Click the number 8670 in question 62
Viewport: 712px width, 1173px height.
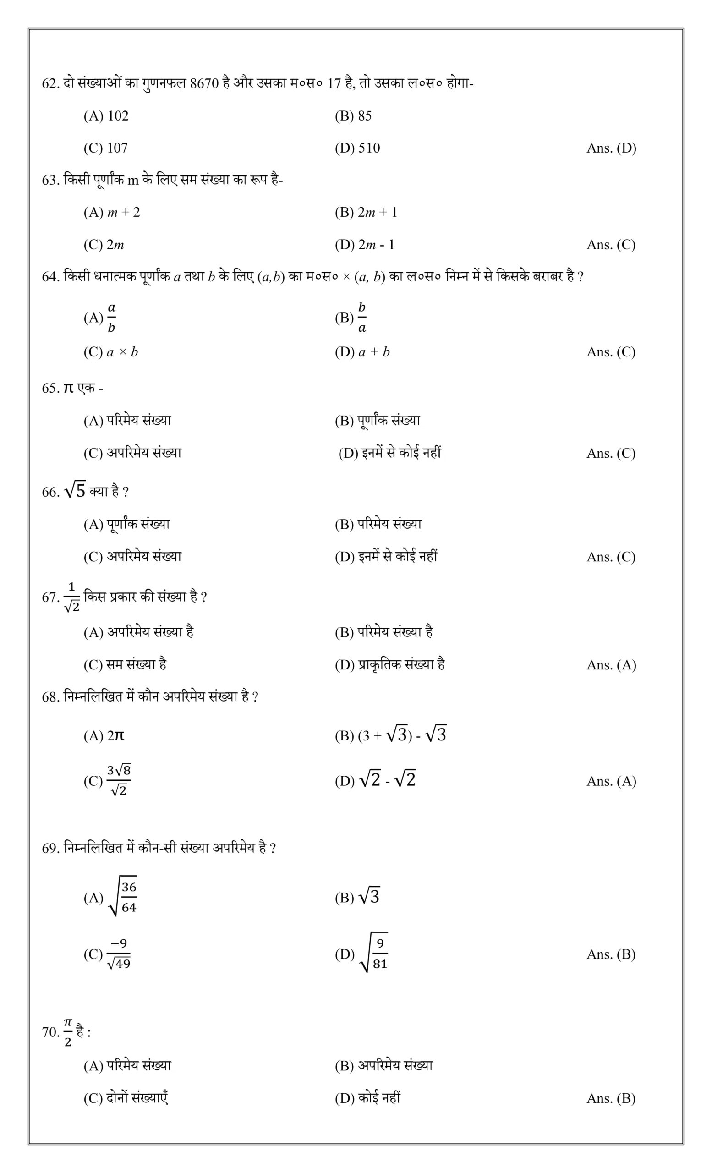click(x=204, y=84)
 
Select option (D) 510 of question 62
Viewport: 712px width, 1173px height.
click(x=357, y=148)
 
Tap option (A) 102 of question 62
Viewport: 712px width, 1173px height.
click(x=106, y=116)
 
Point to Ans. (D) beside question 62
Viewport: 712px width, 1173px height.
click(x=611, y=148)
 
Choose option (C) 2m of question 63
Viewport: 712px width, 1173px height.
click(x=104, y=245)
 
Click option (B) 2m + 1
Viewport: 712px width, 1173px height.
click(x=366, y=212)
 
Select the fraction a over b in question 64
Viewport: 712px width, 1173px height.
click(x=111, y=318)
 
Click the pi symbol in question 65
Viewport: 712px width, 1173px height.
click(x=69, y=388)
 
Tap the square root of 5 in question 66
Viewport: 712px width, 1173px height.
click(x=75, y=490)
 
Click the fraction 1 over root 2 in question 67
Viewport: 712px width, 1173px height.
click(x=72, y=597)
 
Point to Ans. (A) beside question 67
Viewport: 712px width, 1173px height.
click(x=611, y=665)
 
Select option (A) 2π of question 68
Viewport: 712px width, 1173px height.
click(x=104, y=736)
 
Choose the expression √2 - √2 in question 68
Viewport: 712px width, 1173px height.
click(x=388, y=780)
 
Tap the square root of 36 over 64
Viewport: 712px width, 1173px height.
click(x=123, y=897)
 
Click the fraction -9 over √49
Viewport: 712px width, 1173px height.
click(x=119, y=954)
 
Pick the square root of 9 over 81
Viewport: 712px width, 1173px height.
click(x=374, y=954)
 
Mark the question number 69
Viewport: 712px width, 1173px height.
click(x=50, y=848)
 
